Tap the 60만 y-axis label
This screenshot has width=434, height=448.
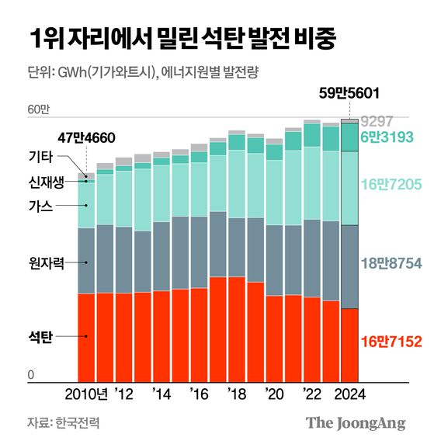(38, 109)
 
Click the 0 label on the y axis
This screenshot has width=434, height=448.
(31, 375)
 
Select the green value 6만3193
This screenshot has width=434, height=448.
(391, 137)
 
